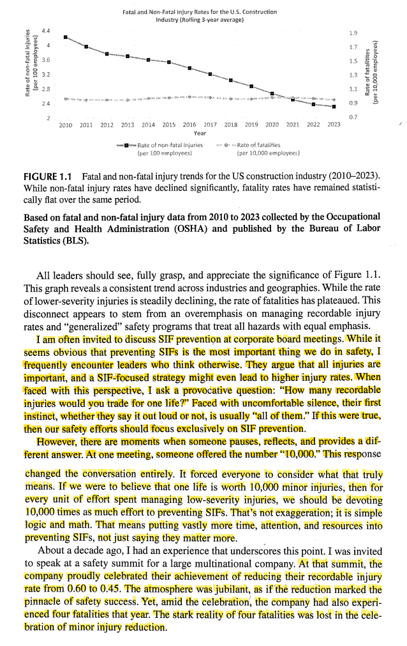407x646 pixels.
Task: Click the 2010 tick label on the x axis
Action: (66, 125)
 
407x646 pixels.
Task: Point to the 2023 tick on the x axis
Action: (334, 125)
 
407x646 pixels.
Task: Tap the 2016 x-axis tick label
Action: (189, 125)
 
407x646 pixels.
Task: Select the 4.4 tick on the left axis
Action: (44, 31)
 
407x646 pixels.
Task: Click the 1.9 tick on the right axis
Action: (353, 33)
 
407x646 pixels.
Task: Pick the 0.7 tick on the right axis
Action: (353, 117)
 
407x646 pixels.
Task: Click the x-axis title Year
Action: (200, 134)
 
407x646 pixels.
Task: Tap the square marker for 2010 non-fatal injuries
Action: (66, 37)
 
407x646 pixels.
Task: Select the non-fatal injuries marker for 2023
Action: (334, 107)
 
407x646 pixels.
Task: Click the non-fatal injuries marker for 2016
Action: (189, 68)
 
